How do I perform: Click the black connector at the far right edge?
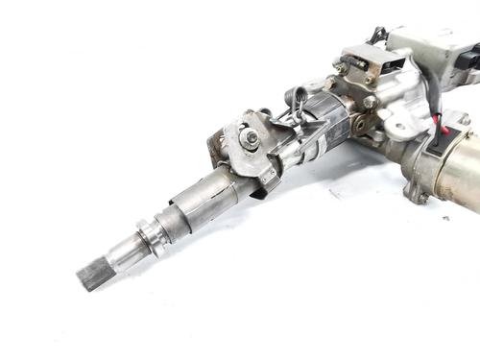(471, 60)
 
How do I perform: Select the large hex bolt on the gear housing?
(370, 101)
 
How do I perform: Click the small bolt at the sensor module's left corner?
(341, 68)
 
